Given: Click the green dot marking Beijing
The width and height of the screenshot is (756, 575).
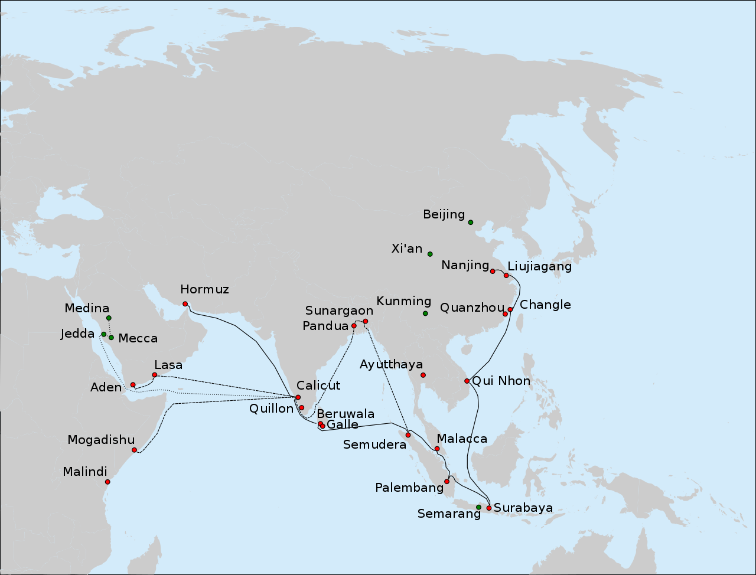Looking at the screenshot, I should tap(471, 223).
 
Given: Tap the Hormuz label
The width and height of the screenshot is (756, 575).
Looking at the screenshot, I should tap(204, 289).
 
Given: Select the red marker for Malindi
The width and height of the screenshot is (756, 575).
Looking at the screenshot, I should tap(107, 482).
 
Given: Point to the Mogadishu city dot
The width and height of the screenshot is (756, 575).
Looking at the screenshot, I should tap(135, 450).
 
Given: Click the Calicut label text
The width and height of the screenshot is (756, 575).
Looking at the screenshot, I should tap(318, 385).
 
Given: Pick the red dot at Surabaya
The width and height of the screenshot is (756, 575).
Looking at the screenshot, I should tap(489, 508).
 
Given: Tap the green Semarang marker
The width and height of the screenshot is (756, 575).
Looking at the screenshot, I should tap(478, 507).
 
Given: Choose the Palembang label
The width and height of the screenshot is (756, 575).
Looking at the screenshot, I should tap(409, 488).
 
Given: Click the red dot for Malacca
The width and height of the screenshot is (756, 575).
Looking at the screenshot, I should tap(437, 449).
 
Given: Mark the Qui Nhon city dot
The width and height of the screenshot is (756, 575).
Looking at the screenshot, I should tap(467, 381).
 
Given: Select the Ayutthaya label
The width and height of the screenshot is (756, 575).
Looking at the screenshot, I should tap(391, 365).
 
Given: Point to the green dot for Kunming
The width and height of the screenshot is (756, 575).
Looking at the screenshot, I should tap(425, 313).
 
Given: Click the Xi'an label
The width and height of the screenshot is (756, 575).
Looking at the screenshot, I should tap(407, 249).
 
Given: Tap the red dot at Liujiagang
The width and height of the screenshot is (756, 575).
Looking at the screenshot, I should tap(506, 276).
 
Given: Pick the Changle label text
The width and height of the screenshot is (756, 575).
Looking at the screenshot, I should tap(545, 305).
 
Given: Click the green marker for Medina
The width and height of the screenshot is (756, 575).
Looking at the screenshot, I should tap(109, 318).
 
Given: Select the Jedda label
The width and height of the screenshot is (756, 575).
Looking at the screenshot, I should tap(77, 334).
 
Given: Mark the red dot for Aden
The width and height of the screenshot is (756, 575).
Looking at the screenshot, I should tap(133, 385).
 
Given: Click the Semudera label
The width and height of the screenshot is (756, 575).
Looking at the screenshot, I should tap(374, 445).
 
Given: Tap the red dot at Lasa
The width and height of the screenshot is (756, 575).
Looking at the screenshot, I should tap(155, 375).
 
